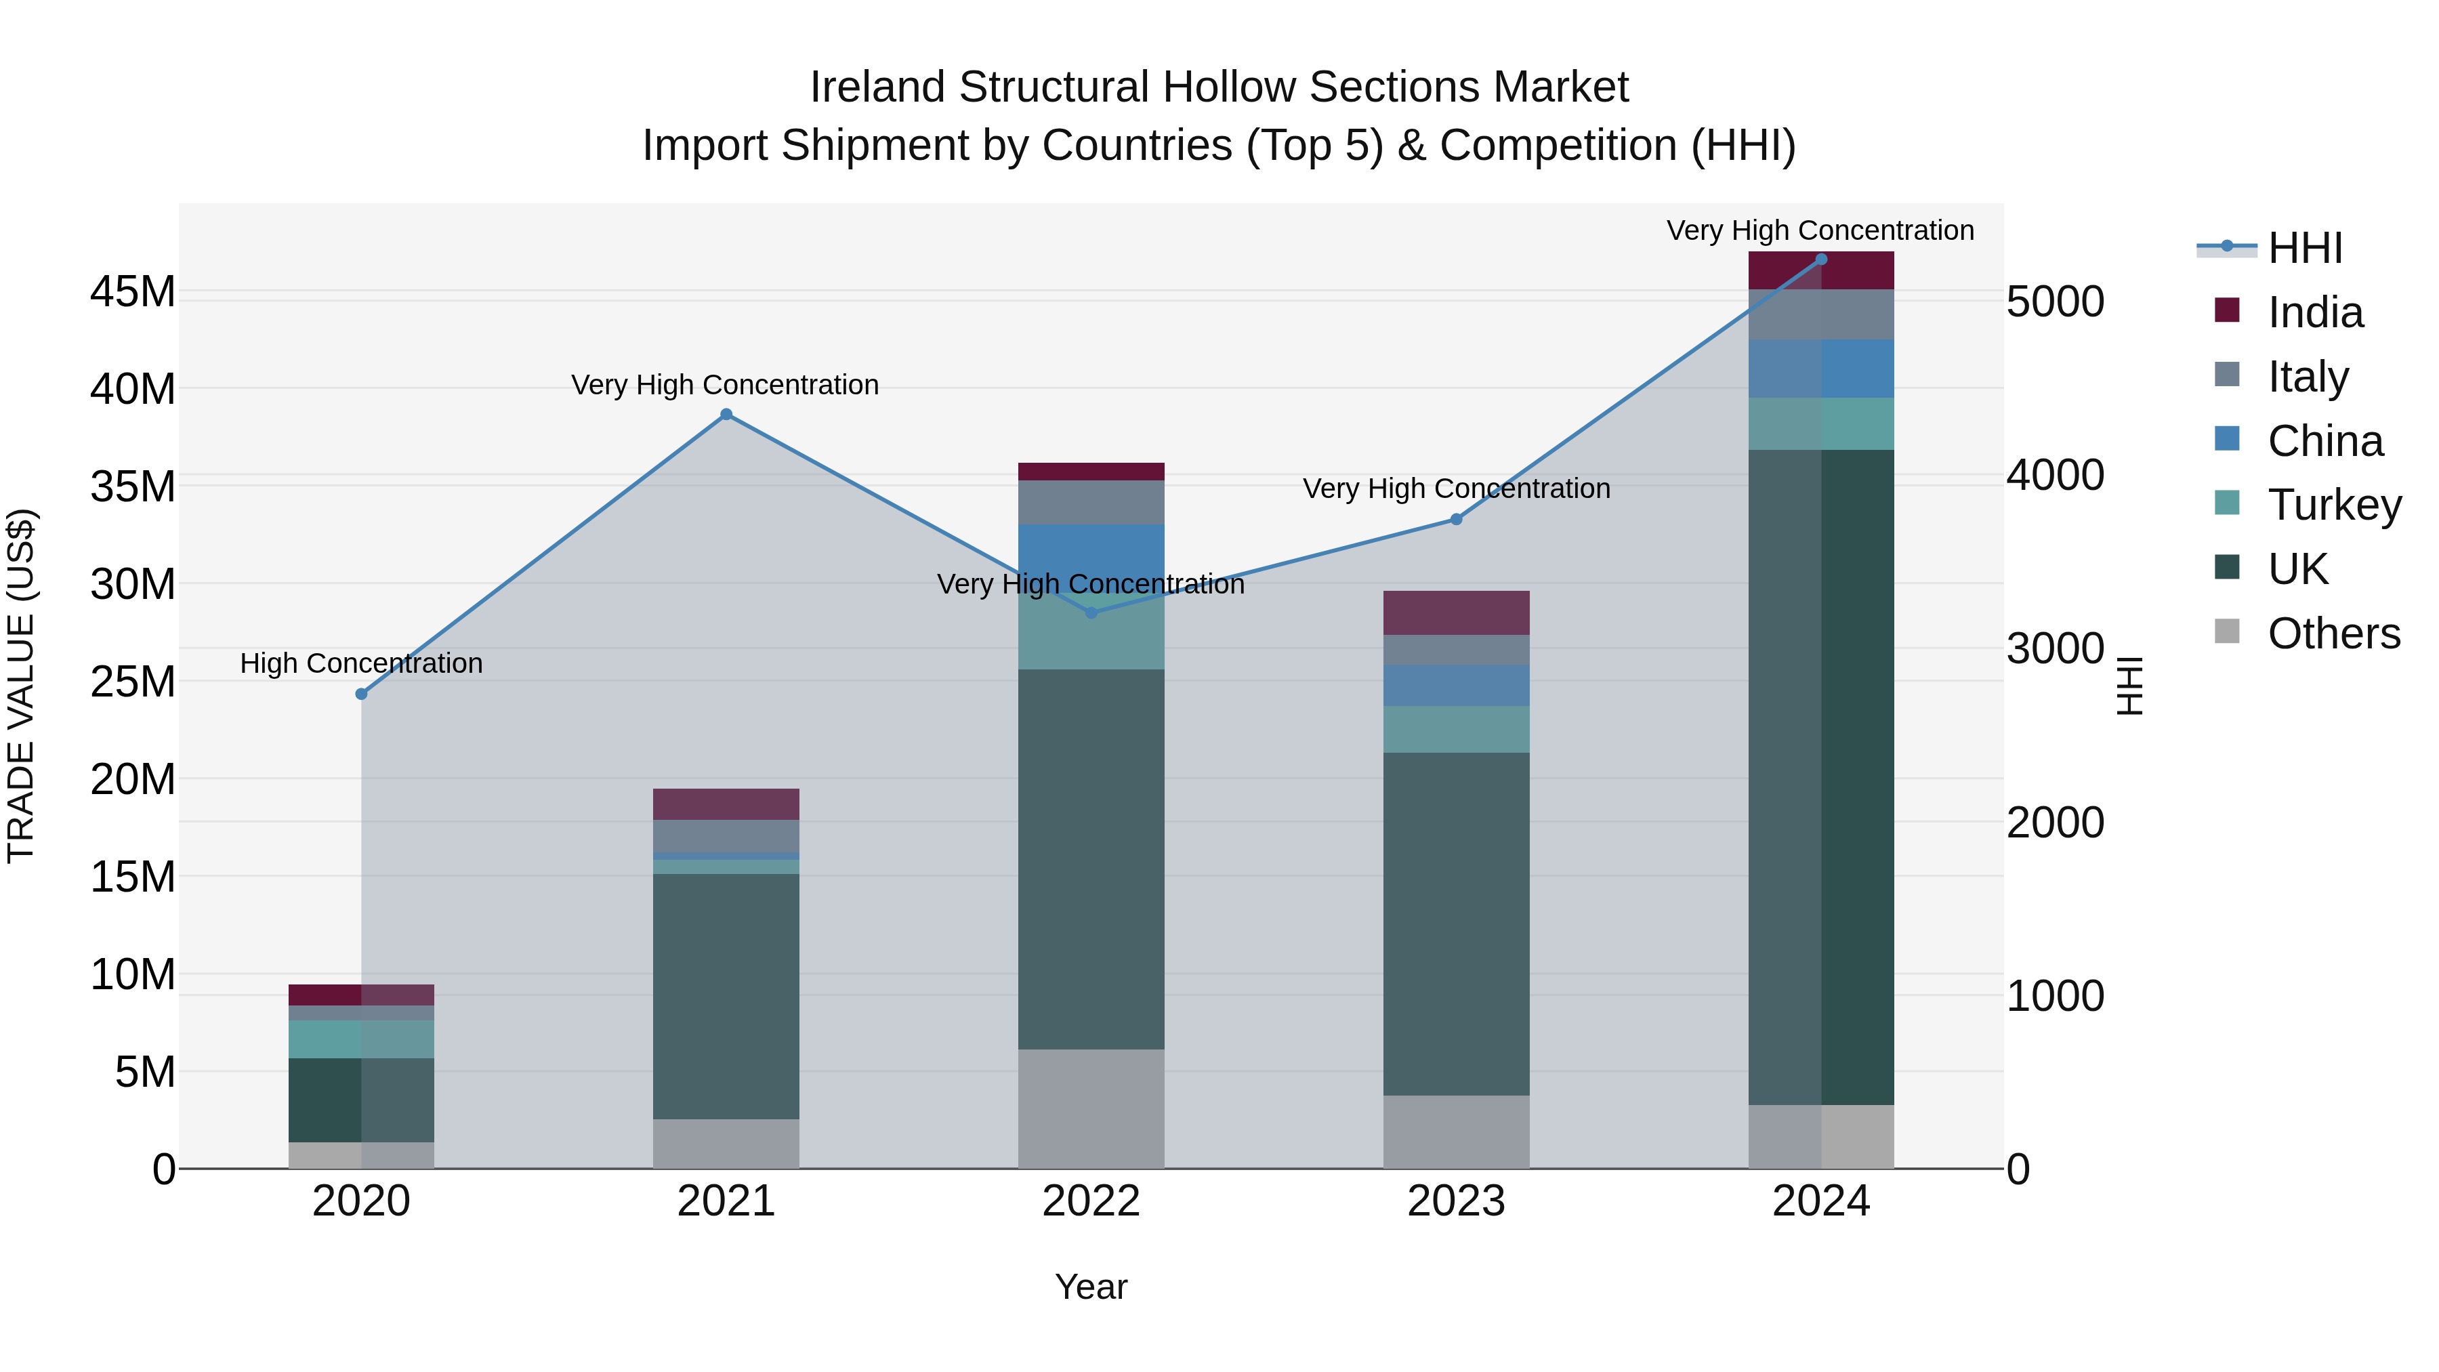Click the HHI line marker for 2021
tap(726, 415)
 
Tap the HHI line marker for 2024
tap(1820, 259)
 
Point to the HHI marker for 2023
tap(1456, 519)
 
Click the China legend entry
tap(2325, 441)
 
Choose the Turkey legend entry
tap(2334, 505)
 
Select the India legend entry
tap(2315, 312)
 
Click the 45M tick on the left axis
tap(133, 291)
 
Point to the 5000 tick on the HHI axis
tap(2056, 302)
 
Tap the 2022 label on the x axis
tap(1091, 1201)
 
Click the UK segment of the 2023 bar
tap(1456, 923)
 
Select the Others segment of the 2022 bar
tap(1091, 1108)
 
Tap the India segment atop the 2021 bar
tap(726, 804)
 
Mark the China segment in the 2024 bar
tap(1820, 369)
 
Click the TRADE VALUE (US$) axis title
tap(21, 686)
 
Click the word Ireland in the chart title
tap(877, 87)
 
